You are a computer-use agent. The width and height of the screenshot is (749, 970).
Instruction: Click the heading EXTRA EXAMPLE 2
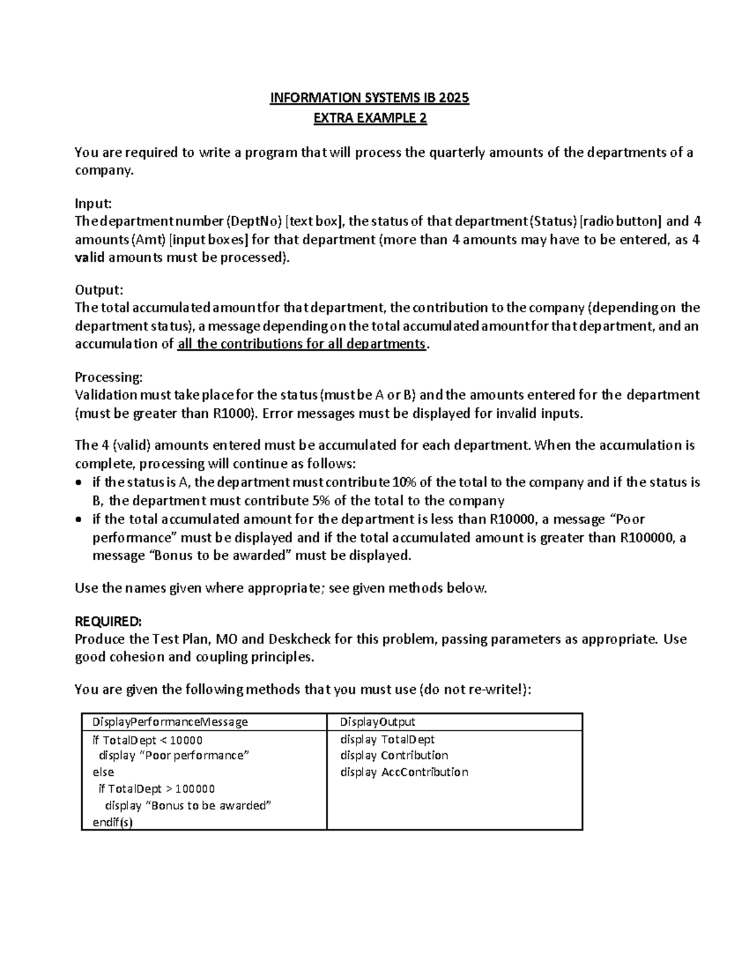pos(370,118)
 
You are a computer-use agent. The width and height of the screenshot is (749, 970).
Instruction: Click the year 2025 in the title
pos(454,98)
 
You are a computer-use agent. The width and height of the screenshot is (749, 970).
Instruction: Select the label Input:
pos(93,203)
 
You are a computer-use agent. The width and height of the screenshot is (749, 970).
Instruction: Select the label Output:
pos(99,290)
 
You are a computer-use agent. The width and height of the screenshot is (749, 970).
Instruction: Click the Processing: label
pos(109,377)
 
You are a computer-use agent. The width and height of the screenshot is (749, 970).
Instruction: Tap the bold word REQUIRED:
pos(108,621)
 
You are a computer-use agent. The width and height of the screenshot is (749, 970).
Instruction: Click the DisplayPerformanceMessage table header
pos(170,722)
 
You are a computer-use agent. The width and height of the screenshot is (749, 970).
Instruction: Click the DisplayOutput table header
pos(377,722)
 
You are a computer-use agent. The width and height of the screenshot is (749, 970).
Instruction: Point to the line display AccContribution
pos(404,772)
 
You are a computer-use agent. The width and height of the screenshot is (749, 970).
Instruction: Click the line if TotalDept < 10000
pos(147,740)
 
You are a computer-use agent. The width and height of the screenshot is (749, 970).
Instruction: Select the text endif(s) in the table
pos(112,822)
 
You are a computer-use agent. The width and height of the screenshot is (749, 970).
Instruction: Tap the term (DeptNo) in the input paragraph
pos(253,221)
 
